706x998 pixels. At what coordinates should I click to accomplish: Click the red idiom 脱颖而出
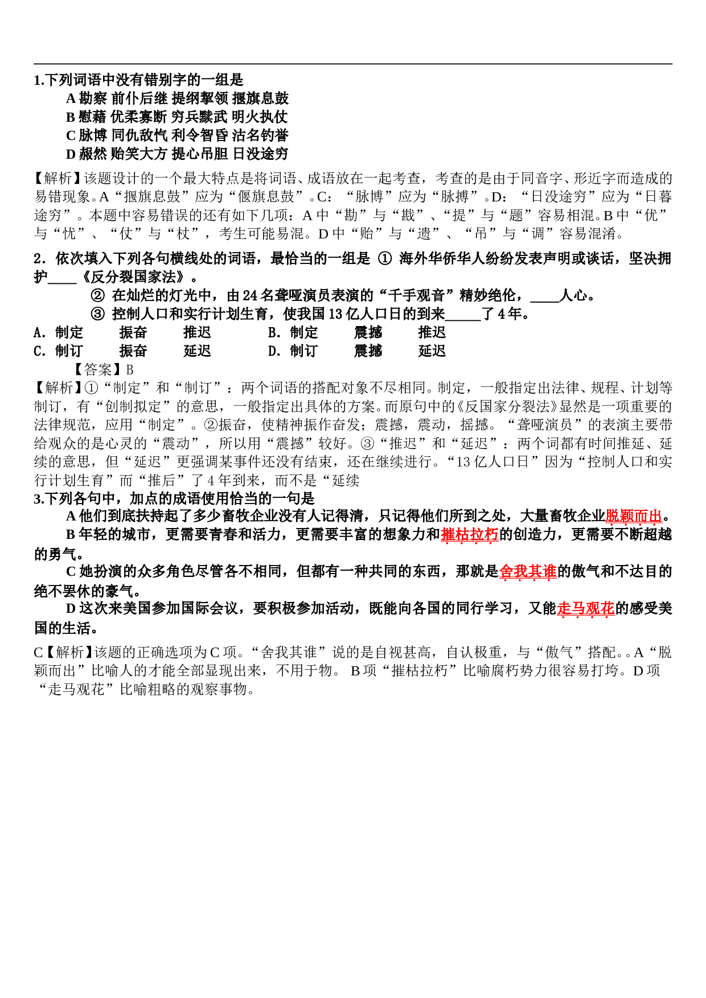click(633, 516)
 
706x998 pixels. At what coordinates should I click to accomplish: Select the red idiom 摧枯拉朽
click(470, 535)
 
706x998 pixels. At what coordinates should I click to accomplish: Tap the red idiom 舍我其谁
click(528, 572)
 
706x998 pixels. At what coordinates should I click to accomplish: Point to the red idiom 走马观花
click(586, 609)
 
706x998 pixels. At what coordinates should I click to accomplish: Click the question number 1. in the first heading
click(39, 80)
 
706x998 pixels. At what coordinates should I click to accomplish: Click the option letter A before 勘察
click(71, 98)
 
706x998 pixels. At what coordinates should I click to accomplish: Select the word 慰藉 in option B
click(92, 117)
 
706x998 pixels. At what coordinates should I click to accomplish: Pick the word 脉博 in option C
click(93, 135)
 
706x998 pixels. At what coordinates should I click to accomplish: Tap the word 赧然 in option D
click(93, 154)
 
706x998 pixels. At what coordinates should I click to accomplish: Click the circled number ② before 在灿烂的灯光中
click(98, 296)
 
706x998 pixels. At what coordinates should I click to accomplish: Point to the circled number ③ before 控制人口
click(98, 314)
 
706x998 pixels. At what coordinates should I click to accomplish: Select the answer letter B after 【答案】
click(129, 370)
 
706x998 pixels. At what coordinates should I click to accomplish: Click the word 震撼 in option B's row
click(368, 333)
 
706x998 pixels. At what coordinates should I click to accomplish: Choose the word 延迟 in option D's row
click(432, 351)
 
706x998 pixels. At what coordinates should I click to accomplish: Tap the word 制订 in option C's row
click(69, 351)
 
